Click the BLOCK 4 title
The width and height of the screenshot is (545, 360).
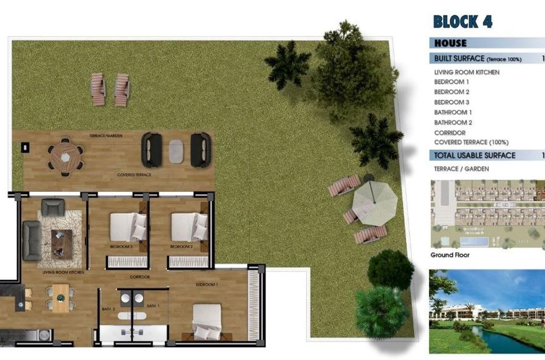point(463,22)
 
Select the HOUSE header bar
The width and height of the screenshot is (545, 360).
point(451,43)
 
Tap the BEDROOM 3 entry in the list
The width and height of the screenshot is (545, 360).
point(452,102)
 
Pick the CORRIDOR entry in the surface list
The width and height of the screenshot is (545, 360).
point(450,132)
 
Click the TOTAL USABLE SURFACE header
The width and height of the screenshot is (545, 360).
point(475,156)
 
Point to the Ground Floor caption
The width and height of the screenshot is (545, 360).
point(450,255)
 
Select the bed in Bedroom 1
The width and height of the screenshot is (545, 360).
point(206,321)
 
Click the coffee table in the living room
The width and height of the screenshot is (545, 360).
point(62,242)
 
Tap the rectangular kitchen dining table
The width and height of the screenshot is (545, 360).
point(61,298)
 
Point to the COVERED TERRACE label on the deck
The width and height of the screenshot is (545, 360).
point(134,175)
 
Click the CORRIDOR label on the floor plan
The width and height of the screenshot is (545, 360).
point(140,277)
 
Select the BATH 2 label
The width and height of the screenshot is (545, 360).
point(109,309)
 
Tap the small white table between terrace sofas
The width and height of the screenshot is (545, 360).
point(175,151)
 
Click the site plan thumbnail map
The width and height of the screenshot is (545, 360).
point(487,214)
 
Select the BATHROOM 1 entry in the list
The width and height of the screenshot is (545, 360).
point(453,112)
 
